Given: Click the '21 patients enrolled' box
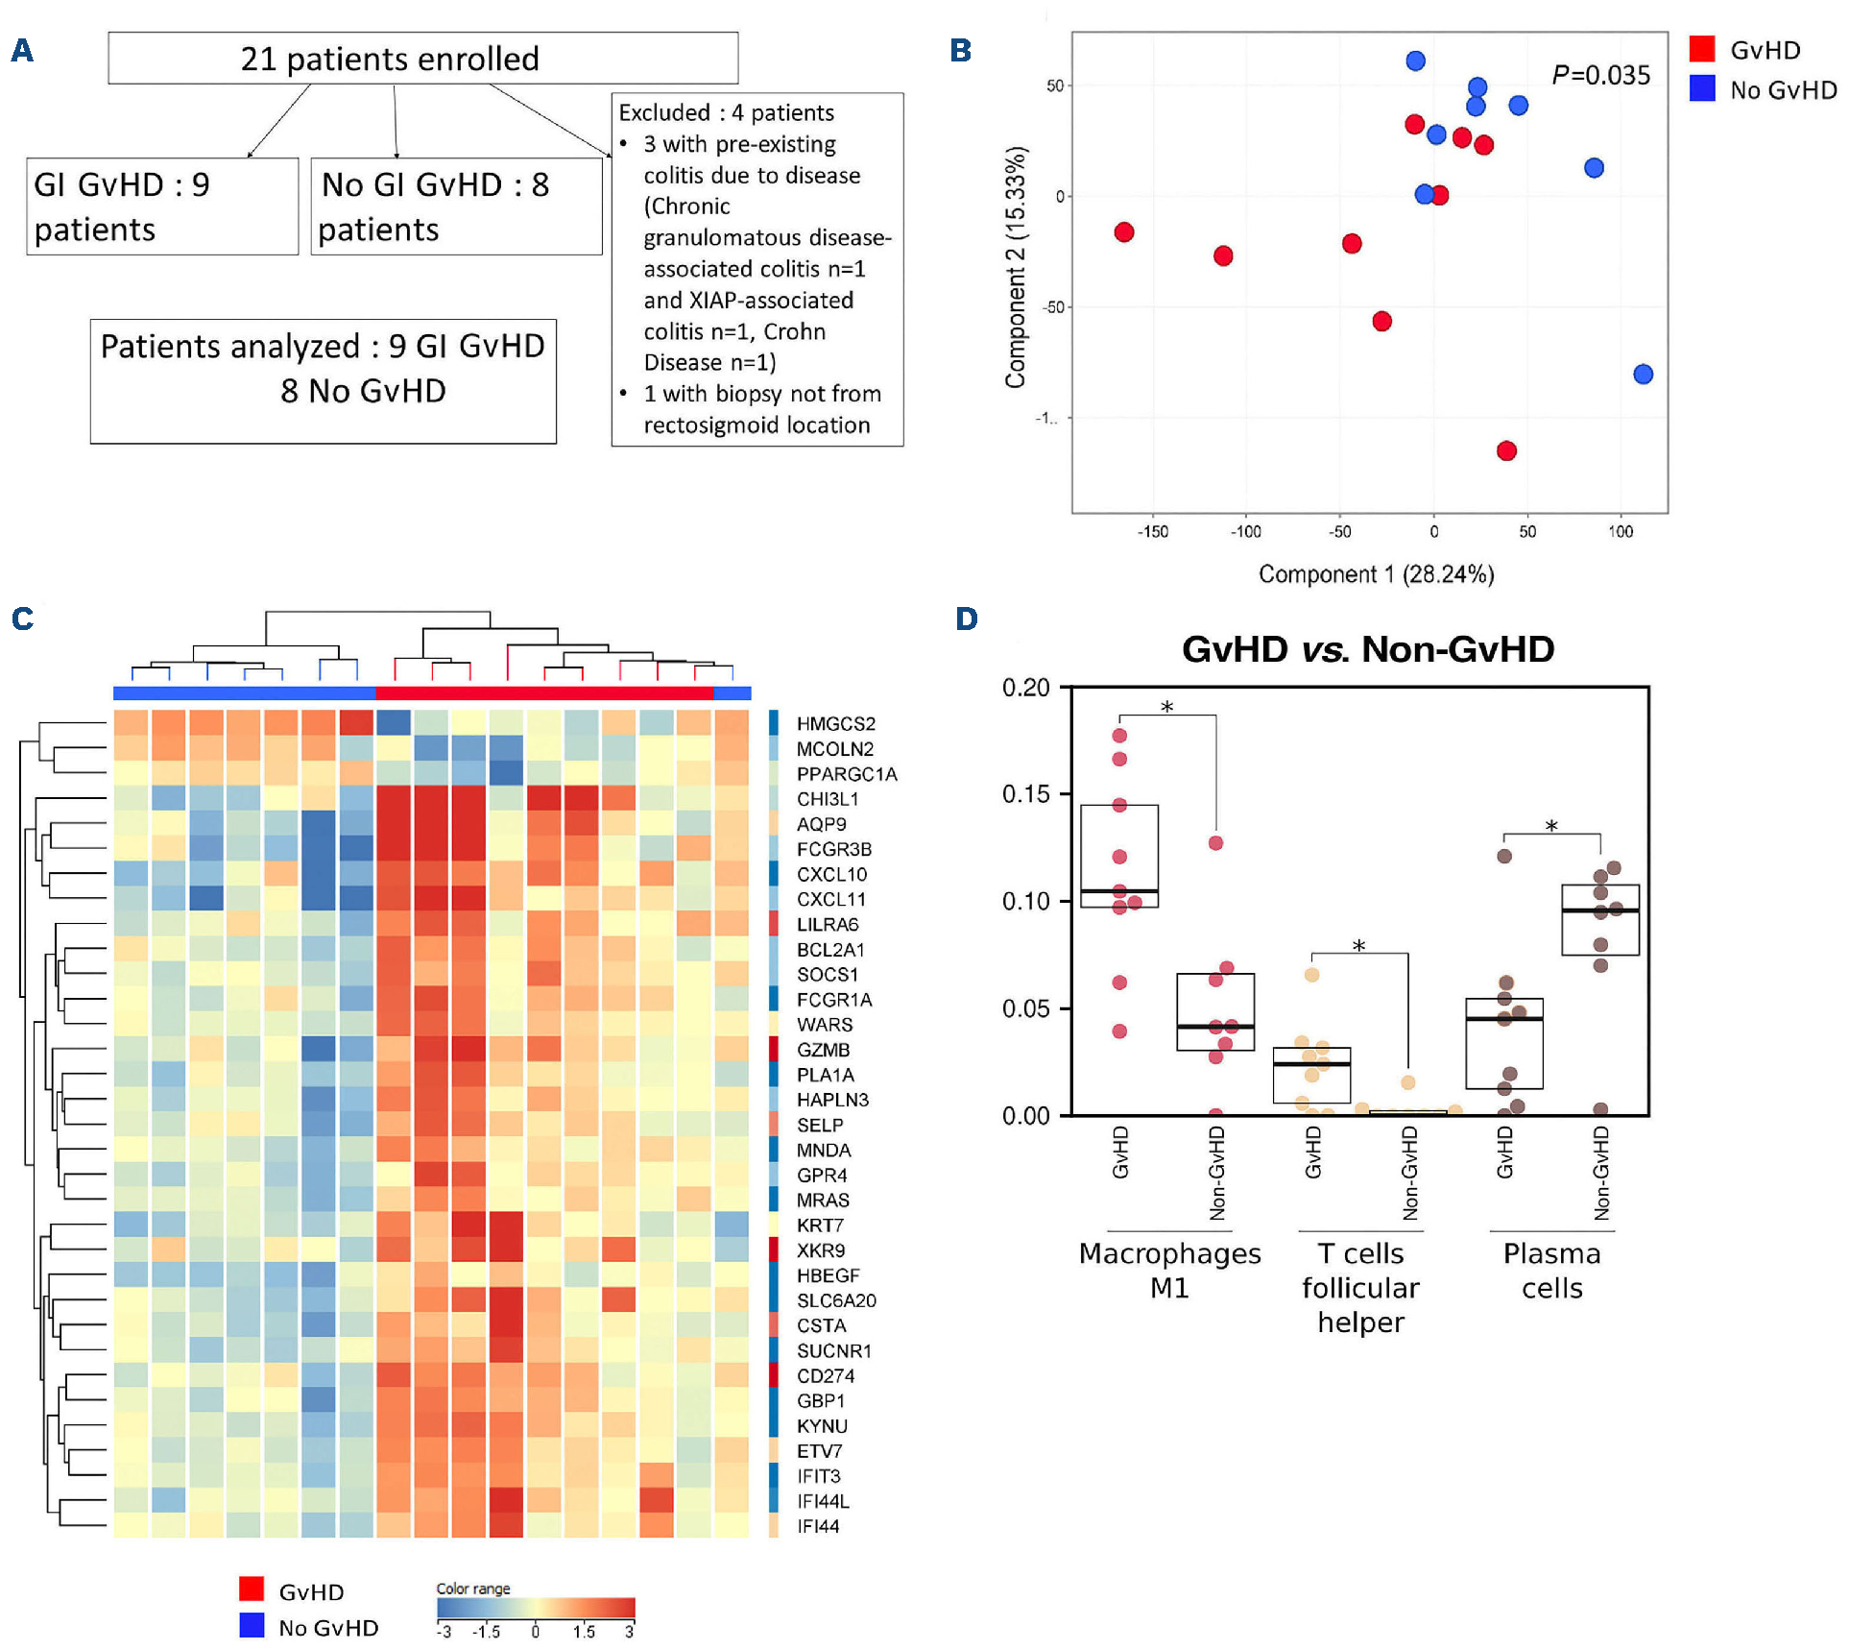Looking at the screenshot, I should coord(422,59).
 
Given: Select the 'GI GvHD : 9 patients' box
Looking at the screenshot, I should coord(162,206).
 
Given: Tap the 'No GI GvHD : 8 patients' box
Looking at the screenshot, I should coord(456,206).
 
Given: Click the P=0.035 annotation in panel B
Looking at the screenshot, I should coord(1600,75).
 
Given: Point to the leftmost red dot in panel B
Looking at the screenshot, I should coord(1124,232).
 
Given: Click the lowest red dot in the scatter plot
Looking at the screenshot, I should coord(1506,450).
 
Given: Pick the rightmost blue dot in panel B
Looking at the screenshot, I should coord(1643,374).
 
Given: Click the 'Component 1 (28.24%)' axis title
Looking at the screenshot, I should coord(1376,574).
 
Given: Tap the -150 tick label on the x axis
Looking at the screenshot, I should coord(1152,532).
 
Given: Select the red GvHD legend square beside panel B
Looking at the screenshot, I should coord(1702,49).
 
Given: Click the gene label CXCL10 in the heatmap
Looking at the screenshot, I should coord(831,874).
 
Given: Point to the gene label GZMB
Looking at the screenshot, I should coord(823,1050).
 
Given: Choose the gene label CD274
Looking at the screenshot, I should coord(825,1375).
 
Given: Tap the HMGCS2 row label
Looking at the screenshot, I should coord(835,723).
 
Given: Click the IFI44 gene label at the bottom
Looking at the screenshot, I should coord(817,1526).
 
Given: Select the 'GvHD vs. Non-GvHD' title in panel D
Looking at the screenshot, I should coord(1367,649).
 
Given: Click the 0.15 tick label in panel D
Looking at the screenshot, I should coord(1025,794).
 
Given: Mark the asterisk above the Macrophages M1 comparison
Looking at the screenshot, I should coord(1166,708).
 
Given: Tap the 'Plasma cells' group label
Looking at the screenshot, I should coord(1551,1270).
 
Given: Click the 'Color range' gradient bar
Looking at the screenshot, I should coord(536,1608).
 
